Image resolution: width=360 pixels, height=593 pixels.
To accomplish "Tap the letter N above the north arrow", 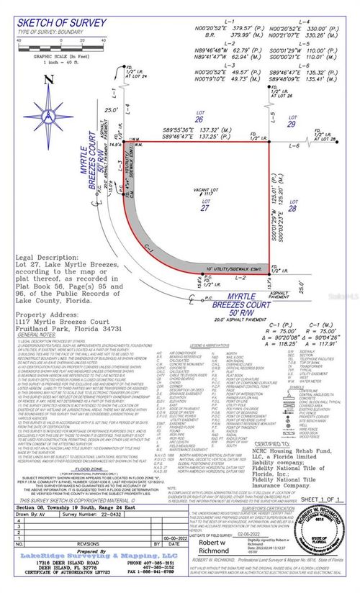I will (47, 81).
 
